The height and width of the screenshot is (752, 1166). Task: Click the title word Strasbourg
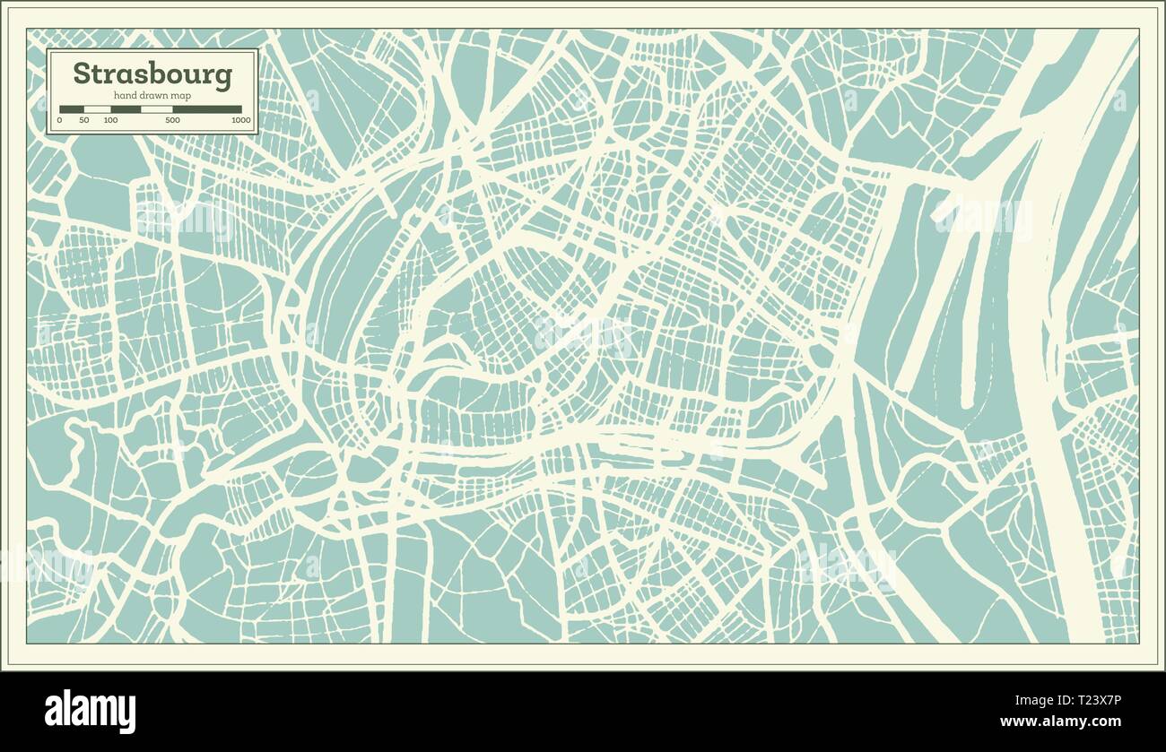[152, 73]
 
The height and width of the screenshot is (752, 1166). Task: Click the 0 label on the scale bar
[59, 120]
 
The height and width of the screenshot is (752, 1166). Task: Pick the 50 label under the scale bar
[84, 120]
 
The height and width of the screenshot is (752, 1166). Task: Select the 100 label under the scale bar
[110, 120]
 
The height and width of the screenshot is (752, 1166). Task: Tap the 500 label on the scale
[172, 120]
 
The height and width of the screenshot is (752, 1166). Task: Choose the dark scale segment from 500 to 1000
[207, 109]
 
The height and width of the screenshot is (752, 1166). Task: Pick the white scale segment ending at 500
[157, 109]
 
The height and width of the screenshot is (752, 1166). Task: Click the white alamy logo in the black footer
[91, 712]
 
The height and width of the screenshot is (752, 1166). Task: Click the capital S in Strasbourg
[82, 73]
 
